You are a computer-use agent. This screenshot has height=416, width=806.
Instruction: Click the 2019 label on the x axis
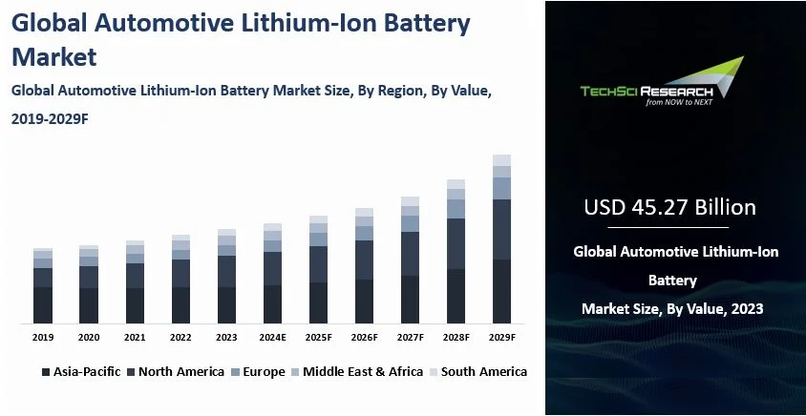(42, 338)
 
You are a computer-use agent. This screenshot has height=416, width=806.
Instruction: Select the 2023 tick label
(226, 338)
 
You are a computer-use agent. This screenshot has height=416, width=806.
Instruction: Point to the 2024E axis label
(272, 338)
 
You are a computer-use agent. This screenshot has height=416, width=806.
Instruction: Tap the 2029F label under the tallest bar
(501, 338)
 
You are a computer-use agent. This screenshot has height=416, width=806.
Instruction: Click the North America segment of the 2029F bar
(501, 229)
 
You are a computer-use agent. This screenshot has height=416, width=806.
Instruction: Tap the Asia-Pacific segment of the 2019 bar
(43, 304)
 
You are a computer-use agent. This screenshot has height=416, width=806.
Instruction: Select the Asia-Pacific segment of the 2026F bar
(364, 301)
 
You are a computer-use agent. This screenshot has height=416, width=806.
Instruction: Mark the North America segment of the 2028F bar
(456, 244)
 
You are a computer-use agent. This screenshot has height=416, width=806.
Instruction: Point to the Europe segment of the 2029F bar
(501, 188)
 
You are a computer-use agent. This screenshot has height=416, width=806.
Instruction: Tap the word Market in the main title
(54, 56)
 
